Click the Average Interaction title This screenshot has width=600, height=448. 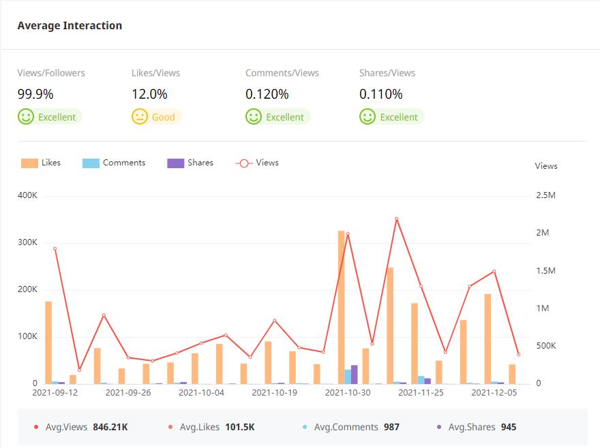[x=70, y=26]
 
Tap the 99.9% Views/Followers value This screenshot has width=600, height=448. [x=35, y=95]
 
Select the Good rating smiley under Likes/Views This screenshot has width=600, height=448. [x=140, y=117]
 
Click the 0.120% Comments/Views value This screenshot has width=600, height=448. [x=267, y=95]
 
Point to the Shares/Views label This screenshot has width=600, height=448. [x=387, y=73]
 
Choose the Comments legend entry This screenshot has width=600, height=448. [x=114, y=163]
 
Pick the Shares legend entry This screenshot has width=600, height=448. [x=190, y=163]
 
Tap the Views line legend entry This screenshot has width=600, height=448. [x=257, y=163]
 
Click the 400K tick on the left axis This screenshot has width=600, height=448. [x=28, y=196]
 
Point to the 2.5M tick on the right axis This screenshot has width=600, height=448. [x=547, y=196]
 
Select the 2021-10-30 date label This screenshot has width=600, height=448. [x=347, y=393]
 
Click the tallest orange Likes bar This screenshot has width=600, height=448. [x=341, y=306]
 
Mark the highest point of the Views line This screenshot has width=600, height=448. [x=396, y=219]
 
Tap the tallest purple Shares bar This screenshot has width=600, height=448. [x=355, y=374]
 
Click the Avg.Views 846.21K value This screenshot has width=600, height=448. [x=110, y=427]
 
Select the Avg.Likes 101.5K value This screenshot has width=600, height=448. [x=239, y=427]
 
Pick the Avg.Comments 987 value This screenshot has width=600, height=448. [x=391, y=427]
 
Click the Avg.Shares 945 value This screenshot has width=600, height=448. [x=509, y=427]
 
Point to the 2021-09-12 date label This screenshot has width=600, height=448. [x=55, y=393]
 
